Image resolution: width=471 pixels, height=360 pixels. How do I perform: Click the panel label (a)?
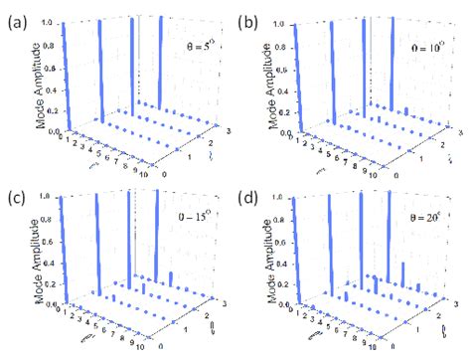15,18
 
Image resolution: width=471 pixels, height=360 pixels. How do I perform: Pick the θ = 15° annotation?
205,213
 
